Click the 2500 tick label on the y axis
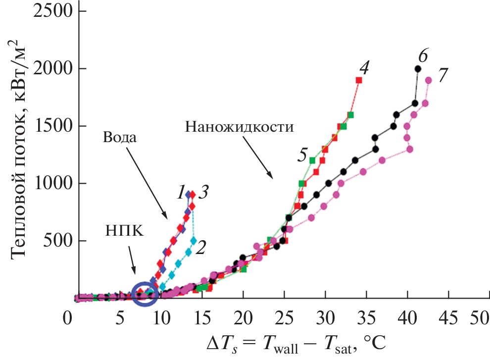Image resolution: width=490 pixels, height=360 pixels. [x=48, y=11]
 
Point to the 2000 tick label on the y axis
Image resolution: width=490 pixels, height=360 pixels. [x=48, y=69]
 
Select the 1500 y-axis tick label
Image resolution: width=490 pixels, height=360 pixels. [x=48, y=126]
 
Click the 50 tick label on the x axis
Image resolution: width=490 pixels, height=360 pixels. [x=478, y=316]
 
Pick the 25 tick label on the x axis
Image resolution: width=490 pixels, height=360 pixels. [x=284, y=316]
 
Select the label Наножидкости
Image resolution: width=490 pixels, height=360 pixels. [x=240, y=126]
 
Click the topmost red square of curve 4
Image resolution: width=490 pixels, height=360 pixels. [x=359, y=80]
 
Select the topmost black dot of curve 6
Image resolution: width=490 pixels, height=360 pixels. [x=418, y=69]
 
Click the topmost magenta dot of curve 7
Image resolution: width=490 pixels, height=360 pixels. [x=428, y=80]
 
